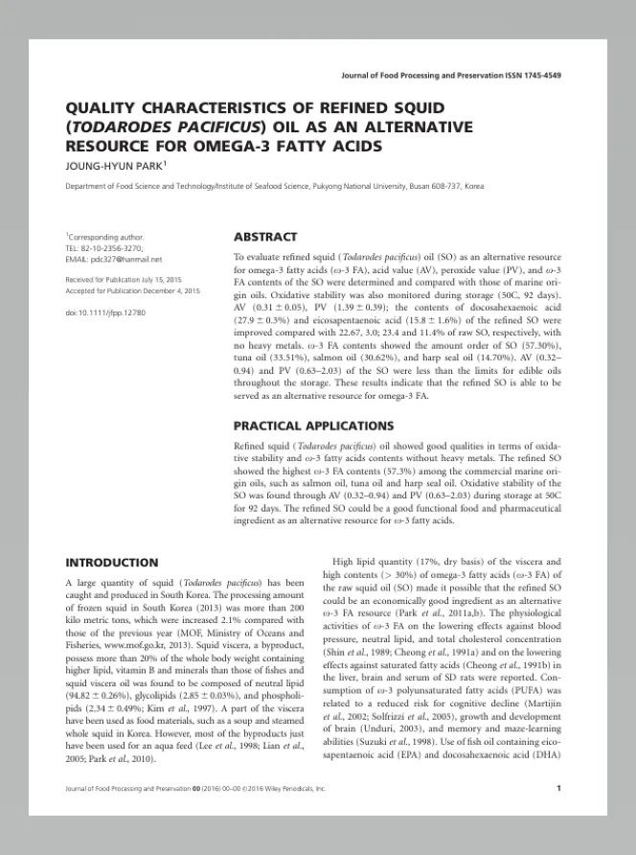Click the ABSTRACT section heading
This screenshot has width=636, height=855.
[x=265, y=236]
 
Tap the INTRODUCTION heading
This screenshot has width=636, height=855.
[x=111, y=563]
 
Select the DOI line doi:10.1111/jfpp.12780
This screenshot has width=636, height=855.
[x=105, y=313]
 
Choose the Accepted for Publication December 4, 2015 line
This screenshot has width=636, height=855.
[x=132, y=289]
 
